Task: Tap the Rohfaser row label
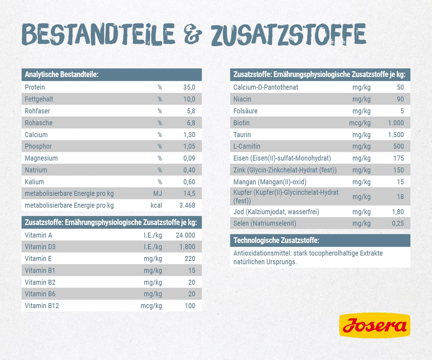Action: click(x=37, y=111)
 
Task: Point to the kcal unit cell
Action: click(x=156, y=206)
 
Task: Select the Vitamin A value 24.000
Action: click(x=185, y=235)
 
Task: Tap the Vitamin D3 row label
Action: click(x=40, y=247)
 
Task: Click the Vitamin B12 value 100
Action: click(x=189, y=306)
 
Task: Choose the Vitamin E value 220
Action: click(x=189, y=259)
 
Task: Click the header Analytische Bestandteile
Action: click(x=62, y=75)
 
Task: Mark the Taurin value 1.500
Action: click(x=396, y=135)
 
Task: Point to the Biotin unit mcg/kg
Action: click(x=360, y=123)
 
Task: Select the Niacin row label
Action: click(x=242, y=99)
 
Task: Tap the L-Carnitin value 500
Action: click(x=398, y=147)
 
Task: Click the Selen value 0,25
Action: click(x=398, y=224)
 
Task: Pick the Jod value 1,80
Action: click(x=398, y=212)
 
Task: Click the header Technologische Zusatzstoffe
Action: click(x=276, y=240)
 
